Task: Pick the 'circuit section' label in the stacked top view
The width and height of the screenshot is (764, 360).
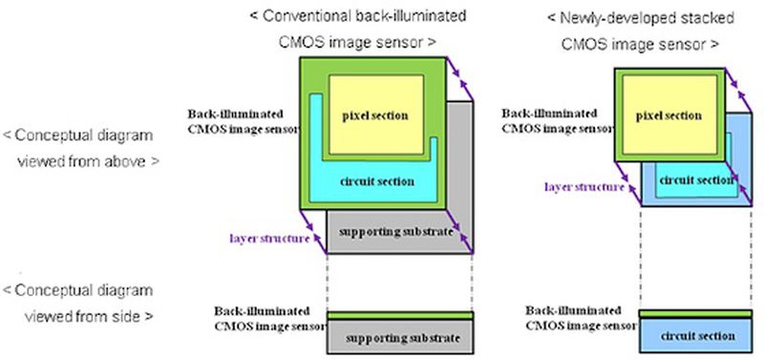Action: point(689,179)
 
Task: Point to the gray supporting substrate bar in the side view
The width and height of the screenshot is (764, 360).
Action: point(399,338)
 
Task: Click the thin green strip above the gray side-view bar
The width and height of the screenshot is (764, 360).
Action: point(399,316)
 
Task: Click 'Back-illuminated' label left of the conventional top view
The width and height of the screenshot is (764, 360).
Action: point(232,114)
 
